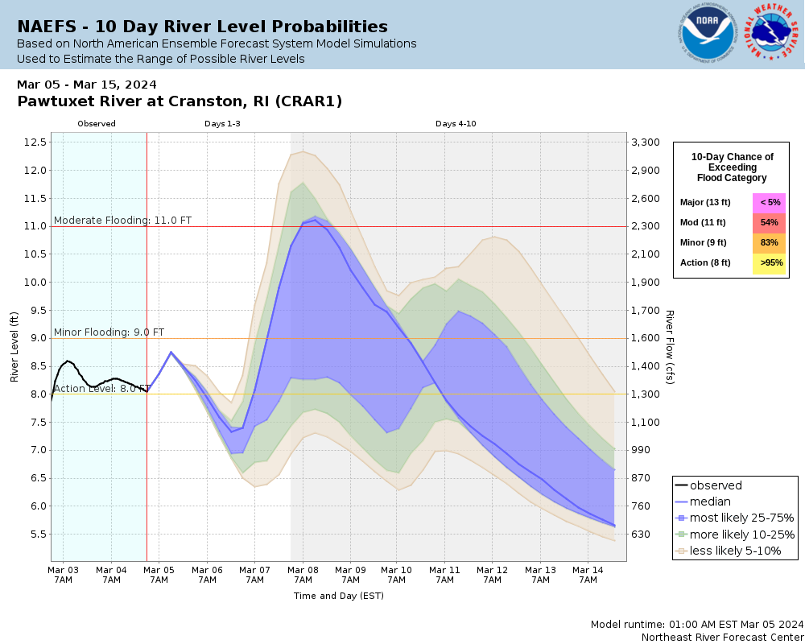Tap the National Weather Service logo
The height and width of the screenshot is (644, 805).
(774, 33)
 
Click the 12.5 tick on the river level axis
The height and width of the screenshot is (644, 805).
(34, 142)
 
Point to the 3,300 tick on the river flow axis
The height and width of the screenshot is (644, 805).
(647, 142)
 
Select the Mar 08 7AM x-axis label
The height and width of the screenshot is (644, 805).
(303, 574)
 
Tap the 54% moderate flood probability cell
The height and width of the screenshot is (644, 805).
(769, 222)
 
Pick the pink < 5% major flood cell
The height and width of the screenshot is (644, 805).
(769, 202)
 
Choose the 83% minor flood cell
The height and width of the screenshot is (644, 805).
(769, 242)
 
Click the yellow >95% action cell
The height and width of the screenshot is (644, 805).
(769, 262)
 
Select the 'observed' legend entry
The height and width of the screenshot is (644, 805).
(716, 485)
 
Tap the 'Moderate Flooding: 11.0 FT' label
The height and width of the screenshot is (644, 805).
(122, 220)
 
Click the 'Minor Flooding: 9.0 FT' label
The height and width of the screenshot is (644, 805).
(109, 332)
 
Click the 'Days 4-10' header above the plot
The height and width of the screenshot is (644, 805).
(456, 124)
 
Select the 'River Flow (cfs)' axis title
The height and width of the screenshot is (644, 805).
(669, 347)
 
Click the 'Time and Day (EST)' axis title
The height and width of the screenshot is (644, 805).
(338, 597)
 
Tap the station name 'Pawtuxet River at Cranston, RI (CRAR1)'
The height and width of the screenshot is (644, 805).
(180, 101)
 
